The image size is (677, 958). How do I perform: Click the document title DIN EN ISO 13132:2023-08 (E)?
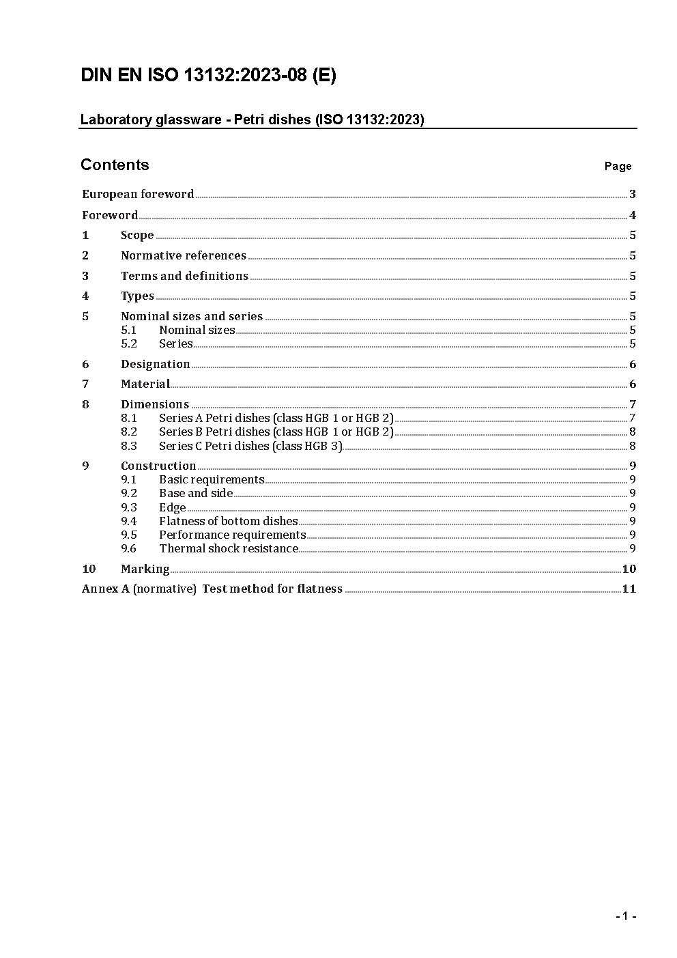point(208,76)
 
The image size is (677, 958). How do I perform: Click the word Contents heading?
point(115,165)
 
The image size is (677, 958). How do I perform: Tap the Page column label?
point(618,167)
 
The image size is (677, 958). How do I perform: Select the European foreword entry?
point(138,195)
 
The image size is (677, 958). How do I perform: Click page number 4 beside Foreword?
point(633,216)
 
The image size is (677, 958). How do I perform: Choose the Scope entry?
point(137,236)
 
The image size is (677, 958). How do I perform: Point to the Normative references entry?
point(183,256)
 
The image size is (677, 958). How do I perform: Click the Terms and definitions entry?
point(184,277)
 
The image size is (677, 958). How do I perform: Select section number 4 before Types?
point(85,296)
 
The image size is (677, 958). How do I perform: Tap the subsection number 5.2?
point(129,344)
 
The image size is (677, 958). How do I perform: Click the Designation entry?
point(155,365)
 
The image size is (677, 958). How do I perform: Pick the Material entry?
point(145,384)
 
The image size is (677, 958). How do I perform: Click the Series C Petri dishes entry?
point(250,447)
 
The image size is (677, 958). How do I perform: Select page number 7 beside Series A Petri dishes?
point(633,419)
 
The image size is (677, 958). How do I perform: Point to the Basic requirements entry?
point(212,480)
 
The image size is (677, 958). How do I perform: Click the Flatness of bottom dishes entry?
point(228,522)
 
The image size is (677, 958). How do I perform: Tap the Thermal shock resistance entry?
point(229,549)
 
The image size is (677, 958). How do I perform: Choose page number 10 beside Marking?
point(629,569)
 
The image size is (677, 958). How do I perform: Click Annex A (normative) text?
point(139,589)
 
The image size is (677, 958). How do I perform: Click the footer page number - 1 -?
point(625,916)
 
